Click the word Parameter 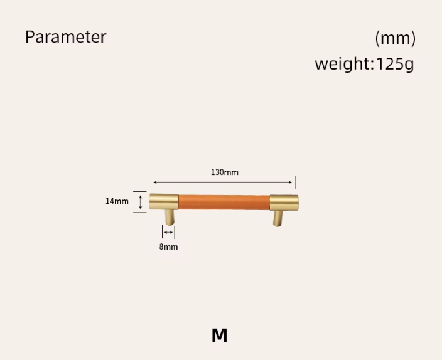coord(66,37)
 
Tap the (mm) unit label coord(395,38)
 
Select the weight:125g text coord(364,64)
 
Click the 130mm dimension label coord(225,172)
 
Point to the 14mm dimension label coord(117,201)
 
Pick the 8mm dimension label coord(168,246)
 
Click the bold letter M coord(219,336)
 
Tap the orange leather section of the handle coord(224,202)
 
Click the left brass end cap coord(164,202)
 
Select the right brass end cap coord(284,203)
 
